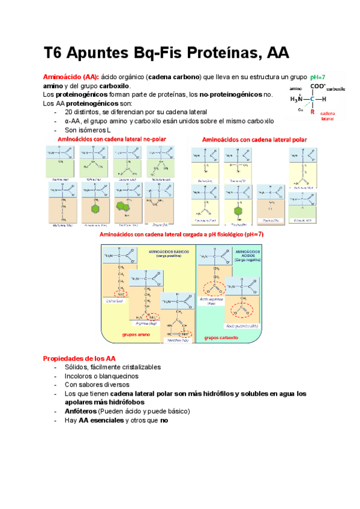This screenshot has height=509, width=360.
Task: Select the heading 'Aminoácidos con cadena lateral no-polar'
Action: click(x=112, y=139)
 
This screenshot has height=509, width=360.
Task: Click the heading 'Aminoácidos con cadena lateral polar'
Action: click(x=254, y=140)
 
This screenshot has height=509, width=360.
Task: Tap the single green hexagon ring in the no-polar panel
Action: click(x=93, y=208)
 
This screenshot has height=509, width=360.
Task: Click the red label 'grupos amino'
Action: click(x=136, y=336)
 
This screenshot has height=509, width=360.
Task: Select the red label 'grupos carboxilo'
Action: click(x=221, y=338)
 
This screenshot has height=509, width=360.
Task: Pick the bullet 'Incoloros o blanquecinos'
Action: click(x=101, y=376)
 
